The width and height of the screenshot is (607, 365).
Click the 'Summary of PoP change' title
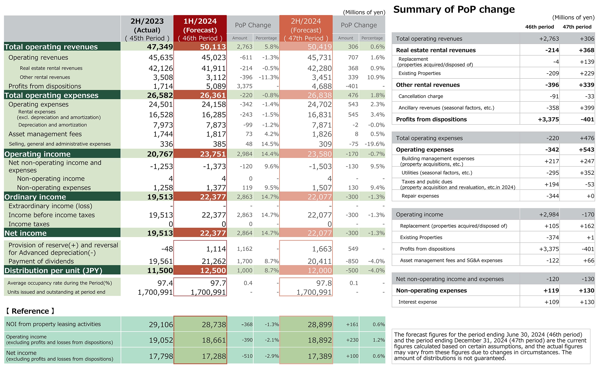coord(454,9)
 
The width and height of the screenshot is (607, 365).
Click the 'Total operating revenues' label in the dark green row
coord(51,47)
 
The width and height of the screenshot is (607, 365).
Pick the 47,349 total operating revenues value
coord(160,47)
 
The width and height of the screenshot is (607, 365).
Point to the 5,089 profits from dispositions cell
coord(216,86)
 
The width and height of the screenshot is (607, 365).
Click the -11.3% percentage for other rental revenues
coord(269,77)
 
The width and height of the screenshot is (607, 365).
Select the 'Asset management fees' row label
coord(45,134)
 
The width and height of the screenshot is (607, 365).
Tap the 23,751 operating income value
coord(213,154)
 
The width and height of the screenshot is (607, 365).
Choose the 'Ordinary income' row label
coord(35,197)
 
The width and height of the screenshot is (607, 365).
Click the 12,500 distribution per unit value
coord(213,270)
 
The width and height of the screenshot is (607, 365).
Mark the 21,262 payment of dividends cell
coord(214,261)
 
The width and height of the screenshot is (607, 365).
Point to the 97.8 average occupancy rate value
coord(324,283)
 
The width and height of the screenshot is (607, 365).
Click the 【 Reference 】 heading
coord(30,311)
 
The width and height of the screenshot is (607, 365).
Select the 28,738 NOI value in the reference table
coord(214,325)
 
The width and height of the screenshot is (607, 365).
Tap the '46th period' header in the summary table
coord(539,27)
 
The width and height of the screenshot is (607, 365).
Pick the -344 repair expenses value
coord(553,196)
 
